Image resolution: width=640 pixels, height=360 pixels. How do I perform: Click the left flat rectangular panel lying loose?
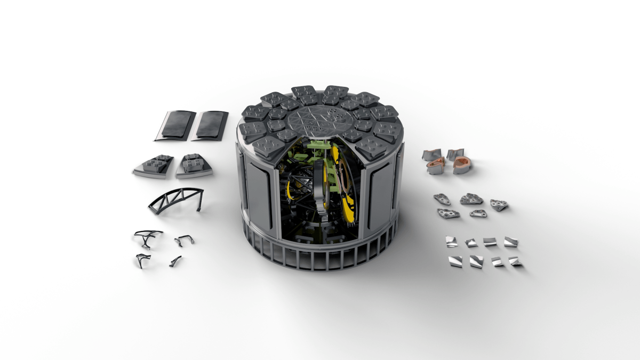coord(175,125)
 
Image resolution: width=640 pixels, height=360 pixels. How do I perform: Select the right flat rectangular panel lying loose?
coord(211,125)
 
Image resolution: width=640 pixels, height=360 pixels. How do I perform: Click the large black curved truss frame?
coord(175,199)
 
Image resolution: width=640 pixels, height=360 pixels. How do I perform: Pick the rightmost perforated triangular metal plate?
coord(499,205)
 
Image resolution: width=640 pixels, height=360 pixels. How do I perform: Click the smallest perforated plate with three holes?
coord(478,213)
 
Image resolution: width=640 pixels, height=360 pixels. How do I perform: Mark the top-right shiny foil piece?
coord(510,242)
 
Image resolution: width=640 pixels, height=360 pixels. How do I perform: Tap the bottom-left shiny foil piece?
coord(455,261)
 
